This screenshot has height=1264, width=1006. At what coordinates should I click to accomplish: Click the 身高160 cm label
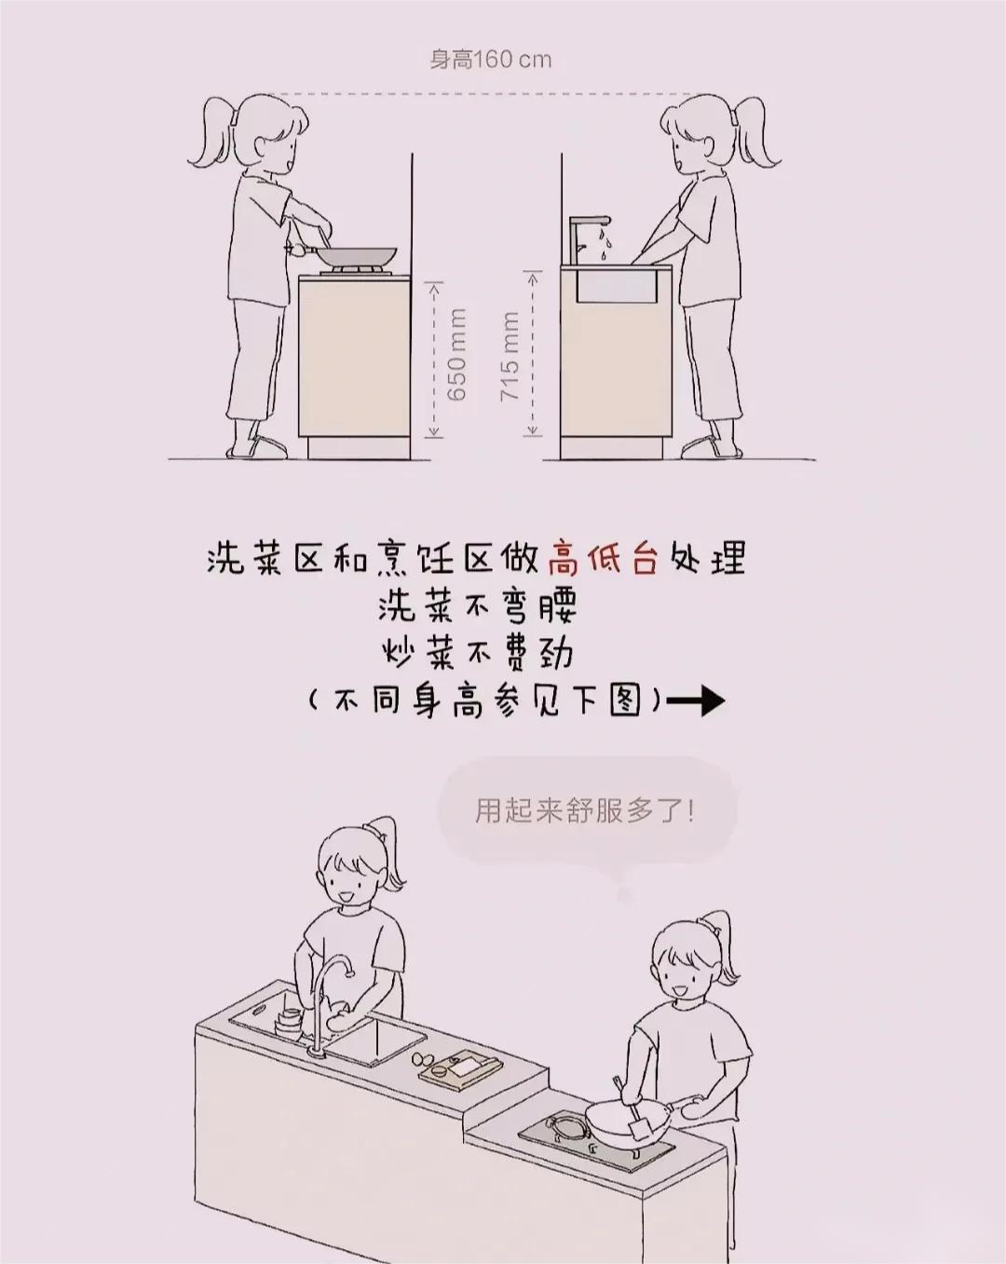pos(491,60)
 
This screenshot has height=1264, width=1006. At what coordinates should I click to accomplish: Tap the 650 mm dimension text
pos(457,354)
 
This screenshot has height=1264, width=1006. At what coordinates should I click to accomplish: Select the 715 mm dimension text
pos(510,357)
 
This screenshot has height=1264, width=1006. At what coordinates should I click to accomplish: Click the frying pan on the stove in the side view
pos(344,254)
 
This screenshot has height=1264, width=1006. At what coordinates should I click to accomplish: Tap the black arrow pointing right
pos(695,700)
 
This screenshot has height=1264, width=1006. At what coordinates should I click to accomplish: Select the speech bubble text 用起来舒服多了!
pos(585,811)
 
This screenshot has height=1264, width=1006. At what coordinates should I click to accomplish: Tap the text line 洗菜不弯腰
pos(478,606)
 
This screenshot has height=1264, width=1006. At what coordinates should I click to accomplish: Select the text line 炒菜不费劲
pos(477,654)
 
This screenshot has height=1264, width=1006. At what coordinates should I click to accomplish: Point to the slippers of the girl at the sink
pos(712,447)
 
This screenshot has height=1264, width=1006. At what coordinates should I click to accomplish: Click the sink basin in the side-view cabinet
pos(617,287)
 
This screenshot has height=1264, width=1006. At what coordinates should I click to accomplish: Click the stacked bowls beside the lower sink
pos(289,1023)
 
